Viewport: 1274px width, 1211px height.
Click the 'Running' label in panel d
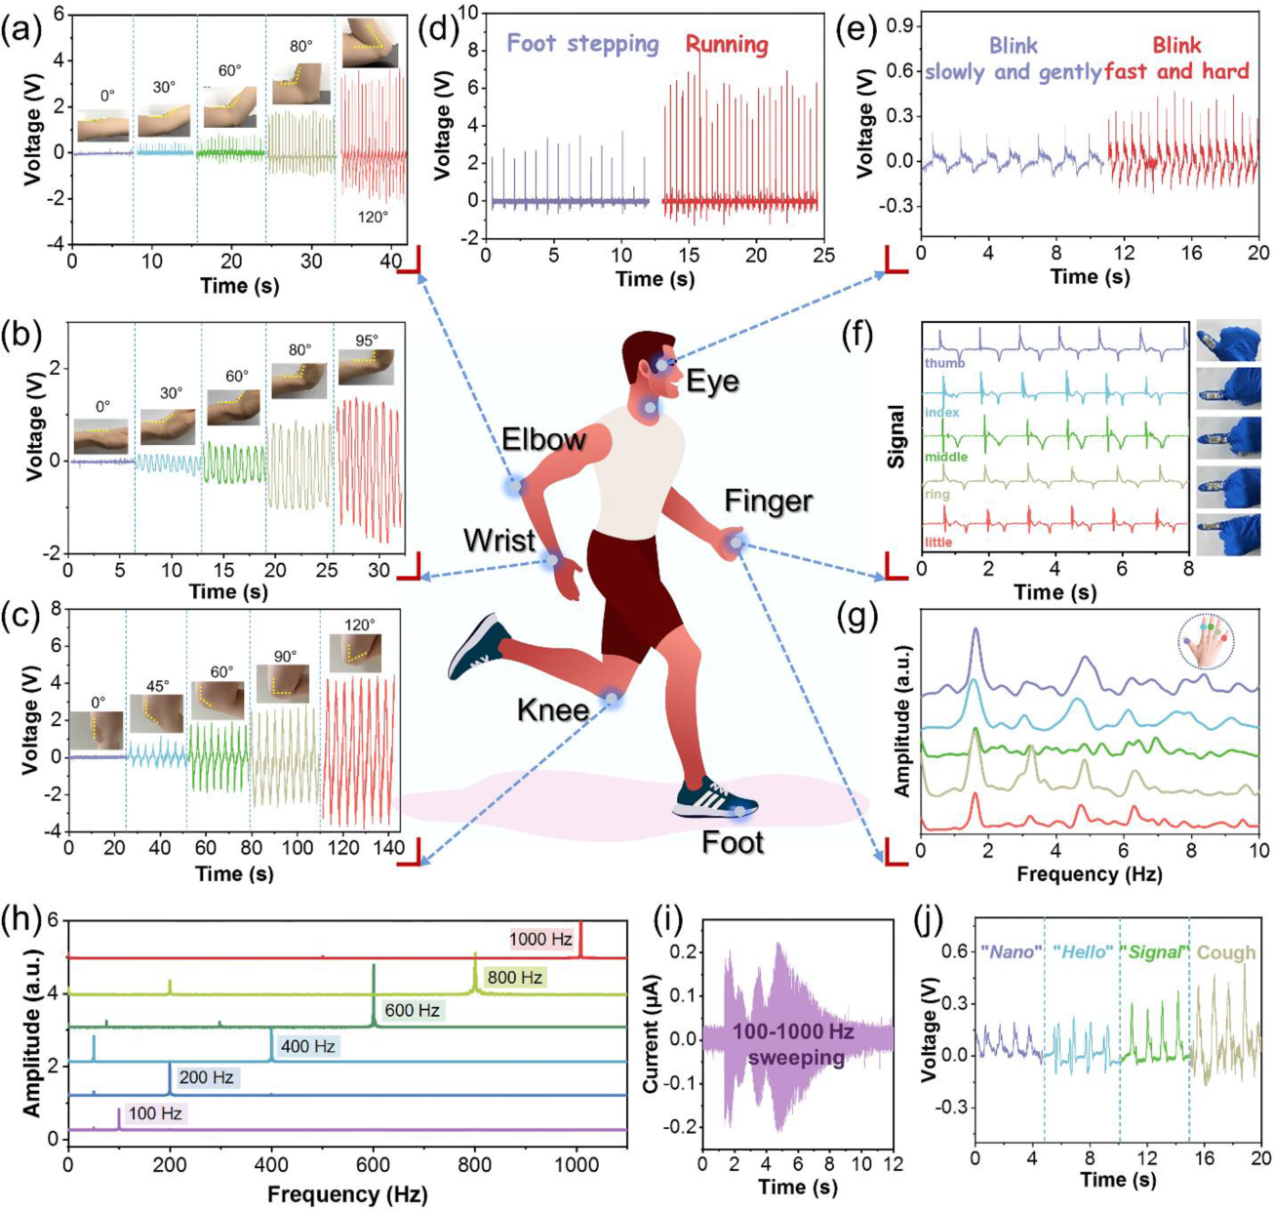click(726, 44)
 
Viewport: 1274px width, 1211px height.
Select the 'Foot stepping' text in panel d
click(582, 44)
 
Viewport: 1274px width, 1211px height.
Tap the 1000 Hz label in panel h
click(540, 940)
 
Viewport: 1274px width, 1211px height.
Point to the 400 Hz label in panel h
click(308, 1046)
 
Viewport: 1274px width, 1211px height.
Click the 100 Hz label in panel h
click(155, 1113)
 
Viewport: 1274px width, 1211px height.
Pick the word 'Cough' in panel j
click(1226, 952)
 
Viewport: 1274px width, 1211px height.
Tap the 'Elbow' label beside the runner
click(543, 440)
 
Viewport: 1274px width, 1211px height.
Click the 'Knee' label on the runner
click(553, 709)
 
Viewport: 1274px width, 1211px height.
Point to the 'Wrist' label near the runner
click(499, 541)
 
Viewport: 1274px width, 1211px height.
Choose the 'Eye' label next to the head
click(712, 381)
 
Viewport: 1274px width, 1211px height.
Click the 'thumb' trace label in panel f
click(944, 363)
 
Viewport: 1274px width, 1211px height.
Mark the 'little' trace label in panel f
click(938, 543)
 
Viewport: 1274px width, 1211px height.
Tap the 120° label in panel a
click(373, 218)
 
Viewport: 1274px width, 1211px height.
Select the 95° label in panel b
click(366, 342)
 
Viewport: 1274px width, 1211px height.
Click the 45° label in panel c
click(157, 685)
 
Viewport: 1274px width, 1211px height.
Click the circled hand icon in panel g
click(1206, 641)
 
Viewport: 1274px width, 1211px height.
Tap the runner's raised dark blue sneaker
click(479, 646)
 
